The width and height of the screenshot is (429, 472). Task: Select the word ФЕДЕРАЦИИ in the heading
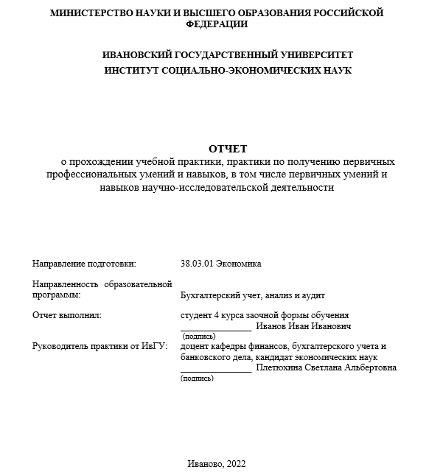[x=214, y=24]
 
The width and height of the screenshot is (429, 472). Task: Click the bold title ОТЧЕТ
[x=228, y=148]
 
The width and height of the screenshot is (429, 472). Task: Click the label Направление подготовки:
[x=84, y=263]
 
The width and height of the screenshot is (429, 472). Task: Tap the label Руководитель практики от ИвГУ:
[x=100, y=346]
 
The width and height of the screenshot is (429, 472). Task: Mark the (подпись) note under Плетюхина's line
[x=197, y=378]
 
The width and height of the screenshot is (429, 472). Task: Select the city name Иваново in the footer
[x=204, y=463]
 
